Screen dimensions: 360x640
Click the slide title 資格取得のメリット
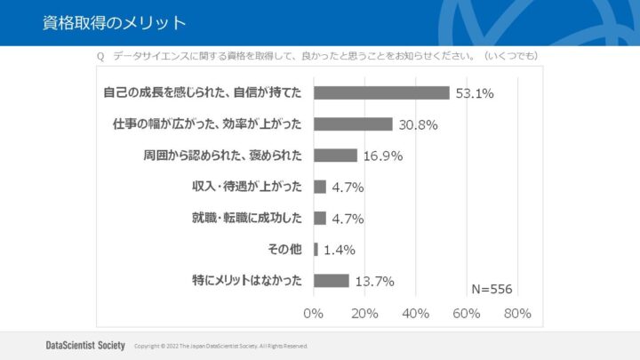click(x=115, y=22)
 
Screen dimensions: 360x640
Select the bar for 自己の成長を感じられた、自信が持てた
click(x=381, y=93)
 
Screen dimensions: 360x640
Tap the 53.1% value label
click(x=475, y=93)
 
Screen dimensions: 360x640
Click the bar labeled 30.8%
click(x=353, y=124)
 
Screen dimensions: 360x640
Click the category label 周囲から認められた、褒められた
click(x=222, y=156)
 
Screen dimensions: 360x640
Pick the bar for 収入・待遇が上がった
click(x=320, y=187)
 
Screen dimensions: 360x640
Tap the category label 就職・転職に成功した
click(x=247, y=218)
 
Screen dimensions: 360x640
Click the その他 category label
click(x=284, y=249)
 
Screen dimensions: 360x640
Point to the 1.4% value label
click(x=340, y=251)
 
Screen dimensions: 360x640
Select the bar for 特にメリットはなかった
click(x=332, y=280)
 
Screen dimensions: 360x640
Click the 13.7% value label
click(x=374, y=282)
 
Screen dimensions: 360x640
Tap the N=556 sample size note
click(x=492, y=289)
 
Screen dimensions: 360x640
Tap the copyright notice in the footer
click(x=220, y=345)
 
